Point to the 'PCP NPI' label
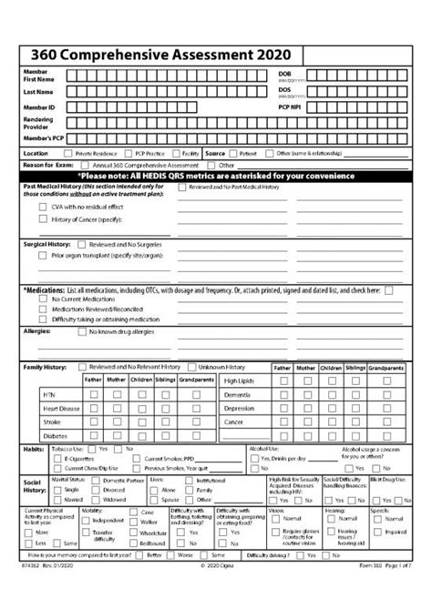pos(290,107)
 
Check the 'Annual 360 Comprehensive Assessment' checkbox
pos(86,165)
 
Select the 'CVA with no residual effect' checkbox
pos(44,208)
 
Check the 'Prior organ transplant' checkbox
pos(44,256)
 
